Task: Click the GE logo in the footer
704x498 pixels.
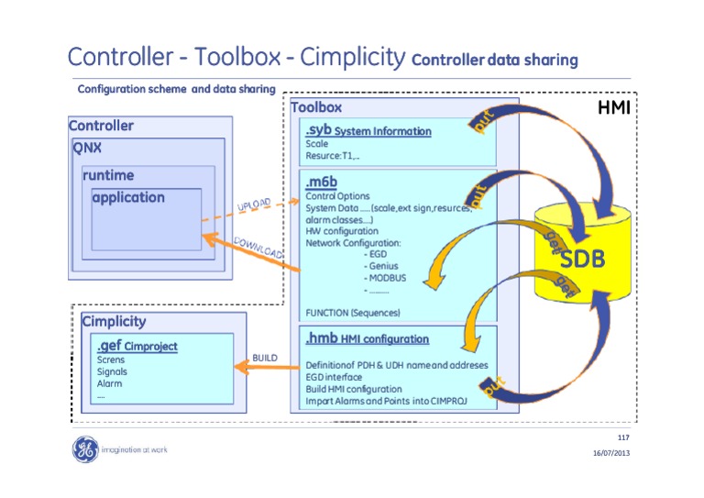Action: pyautogui.click(x=84, y=449)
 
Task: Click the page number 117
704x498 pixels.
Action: pyautogui.click(x=623, y=434)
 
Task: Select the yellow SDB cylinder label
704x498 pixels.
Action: pyautogui.click(x=583, y=259)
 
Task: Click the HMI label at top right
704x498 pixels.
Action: pyautogui.click(x=613, y=109)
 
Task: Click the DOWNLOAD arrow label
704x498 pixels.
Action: pyautogui.click(x=258, y=248)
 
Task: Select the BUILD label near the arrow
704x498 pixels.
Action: pyautogui.click(x=264, y=357)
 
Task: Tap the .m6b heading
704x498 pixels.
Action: pyautogui.click(x=323, y=183)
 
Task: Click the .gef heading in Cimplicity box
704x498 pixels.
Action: pyautogui.click(x=110, y=346)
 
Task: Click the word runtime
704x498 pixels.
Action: pyautogui.click(x=107, y=174)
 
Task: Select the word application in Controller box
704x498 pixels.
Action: pyautogui.click(x=128, y=197)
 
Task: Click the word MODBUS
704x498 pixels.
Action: pyautogui.click(x=385, y=278)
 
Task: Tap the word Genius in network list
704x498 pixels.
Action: pyautogui.click(x=382, y=266)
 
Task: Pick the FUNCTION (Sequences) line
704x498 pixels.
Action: pyautogui.click(x=352, y=313)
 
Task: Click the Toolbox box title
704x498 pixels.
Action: pyautogui.click(x=316, y=107)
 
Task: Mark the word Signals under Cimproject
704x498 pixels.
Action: pyautogui.click(x=112, y=371)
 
